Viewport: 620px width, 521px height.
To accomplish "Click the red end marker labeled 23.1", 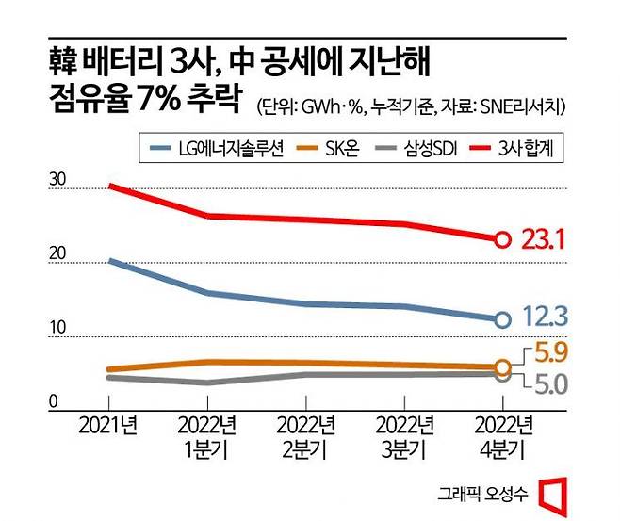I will (x=502, y=239).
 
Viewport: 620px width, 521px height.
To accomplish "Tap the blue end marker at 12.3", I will (x=502, y=319).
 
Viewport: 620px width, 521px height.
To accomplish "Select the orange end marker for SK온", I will (x=502, y=366).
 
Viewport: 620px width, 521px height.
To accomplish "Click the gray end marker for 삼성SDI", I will (x=502, y=375).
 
